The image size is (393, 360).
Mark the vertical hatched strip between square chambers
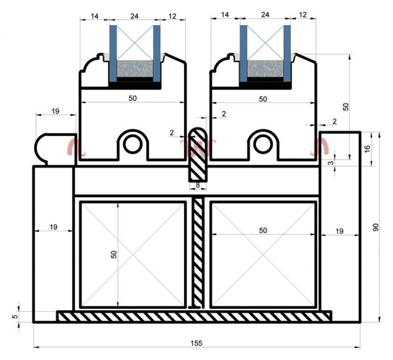click(x=198, y=253)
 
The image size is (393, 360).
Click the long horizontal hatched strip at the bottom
click(x=194, y=316)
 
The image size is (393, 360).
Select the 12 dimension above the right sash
click(x=302, y=15)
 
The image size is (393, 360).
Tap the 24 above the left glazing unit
click(x=135, y=15)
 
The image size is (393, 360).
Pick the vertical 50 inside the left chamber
click(x=114, y=253)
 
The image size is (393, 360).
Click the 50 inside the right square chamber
click(x=263, y=230)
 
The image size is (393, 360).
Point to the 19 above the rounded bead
click(x=56, y=111)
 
